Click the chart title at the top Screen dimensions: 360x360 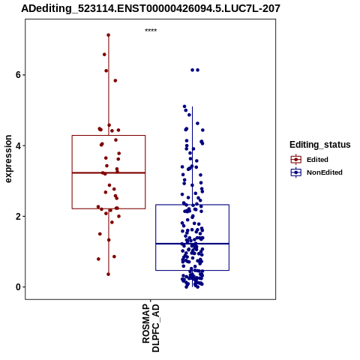(x=151, y=8)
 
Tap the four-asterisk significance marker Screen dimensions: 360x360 (x=151, y=30)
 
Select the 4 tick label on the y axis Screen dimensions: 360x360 (x=18, y=145)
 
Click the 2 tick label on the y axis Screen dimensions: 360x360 (x=18, y=216)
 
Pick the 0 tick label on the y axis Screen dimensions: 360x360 (x=18, y=287)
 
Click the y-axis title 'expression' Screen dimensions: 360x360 (x=8, y=159)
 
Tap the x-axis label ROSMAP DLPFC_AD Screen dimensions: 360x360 (x=151, y=328)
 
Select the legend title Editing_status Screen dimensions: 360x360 (x=319, y=145)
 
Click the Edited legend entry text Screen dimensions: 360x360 (x=317, y=160)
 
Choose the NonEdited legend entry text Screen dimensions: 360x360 (x=325, y=172)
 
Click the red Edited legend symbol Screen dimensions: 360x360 (x=296, y=160)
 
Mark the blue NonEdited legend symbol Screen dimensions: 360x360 (x=296, y=172)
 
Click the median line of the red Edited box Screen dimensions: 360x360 (x=109, y=172)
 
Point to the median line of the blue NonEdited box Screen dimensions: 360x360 (x=192, y=244)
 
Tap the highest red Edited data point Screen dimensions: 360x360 (x=108, y=35)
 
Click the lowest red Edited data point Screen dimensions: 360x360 (x=108, y=274)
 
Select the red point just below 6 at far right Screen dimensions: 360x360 (x=115, y=80)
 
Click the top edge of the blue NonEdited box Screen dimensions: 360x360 (x=192, y=205)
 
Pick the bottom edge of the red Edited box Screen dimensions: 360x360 (x=109, y=208)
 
